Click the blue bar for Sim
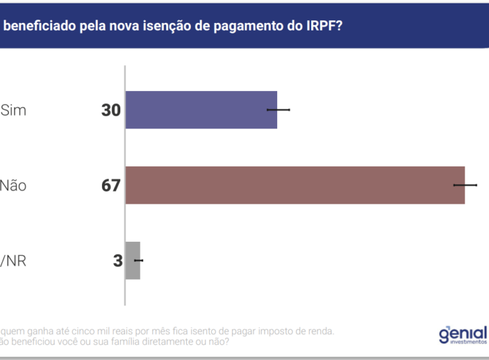(x=201, y=109)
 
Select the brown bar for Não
(x=295, y=185)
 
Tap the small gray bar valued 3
(x=133, y=260)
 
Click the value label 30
(x=111, y=110)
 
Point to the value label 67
(x=111, y=185)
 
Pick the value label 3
(x=117, y=261)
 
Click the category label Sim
(x=14, y=110)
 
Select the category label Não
(x=14, y=185)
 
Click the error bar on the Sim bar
(x=278, y=109)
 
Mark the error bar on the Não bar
(x=465, y=185)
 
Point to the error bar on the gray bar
(x=139, y=260)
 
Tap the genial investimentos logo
(x=463, y=334)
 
